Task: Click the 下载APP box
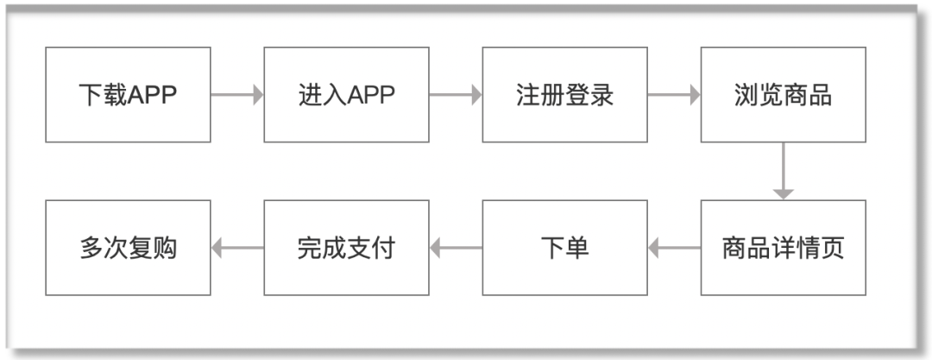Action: point(128,95)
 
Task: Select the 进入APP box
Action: point(346,95)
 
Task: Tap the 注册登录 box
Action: point(564,95)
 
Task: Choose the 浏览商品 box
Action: point(783,95)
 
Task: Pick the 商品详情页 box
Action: point(783,249)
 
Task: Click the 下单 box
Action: point(564,249)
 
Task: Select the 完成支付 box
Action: point(346,249)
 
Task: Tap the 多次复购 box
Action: point(128,249)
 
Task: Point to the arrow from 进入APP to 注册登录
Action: point(456,95)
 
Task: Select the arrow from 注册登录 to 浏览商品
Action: point(674,95)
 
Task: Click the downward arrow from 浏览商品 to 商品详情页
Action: point(783,171)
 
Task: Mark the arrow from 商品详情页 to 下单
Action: point(674,249)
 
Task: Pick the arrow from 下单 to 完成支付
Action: point(456,249)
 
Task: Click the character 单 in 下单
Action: point(577,249)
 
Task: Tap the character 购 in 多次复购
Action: point(165,249)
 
